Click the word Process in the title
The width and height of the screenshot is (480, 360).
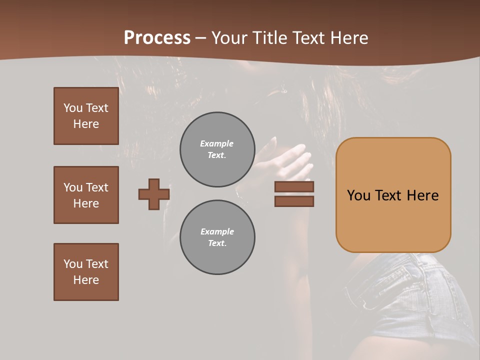[157, 38]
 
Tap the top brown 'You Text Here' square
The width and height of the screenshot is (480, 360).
[86, 116]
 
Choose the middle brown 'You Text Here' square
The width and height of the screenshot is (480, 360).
[86, 195]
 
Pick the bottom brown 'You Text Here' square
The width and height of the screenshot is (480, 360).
[86, 272]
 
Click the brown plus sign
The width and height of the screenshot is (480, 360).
[154, 194]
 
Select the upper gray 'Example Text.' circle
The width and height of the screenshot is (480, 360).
[217, 149]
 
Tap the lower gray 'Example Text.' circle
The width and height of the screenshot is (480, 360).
[217, 237]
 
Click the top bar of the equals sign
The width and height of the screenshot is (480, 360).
[294, 187]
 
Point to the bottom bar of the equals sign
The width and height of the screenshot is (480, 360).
[294, 201]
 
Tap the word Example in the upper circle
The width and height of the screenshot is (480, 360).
[217, 144]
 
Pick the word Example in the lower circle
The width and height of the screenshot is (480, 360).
[217, 232]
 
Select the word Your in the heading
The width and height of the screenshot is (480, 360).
[228, 38]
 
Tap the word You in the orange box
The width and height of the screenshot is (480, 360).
[358, 195]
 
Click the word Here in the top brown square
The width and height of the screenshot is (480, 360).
[86, 124]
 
